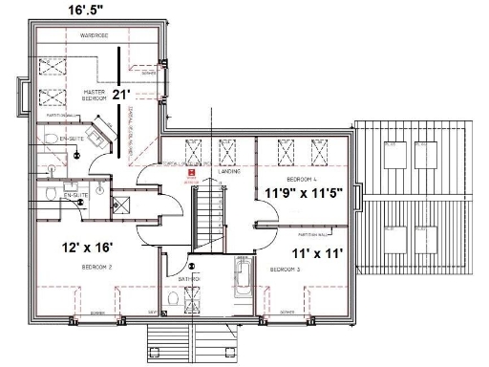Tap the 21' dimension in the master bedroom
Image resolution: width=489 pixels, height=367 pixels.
120,94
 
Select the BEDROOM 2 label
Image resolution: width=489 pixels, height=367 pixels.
97,268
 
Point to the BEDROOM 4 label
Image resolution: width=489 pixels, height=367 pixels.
302,178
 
